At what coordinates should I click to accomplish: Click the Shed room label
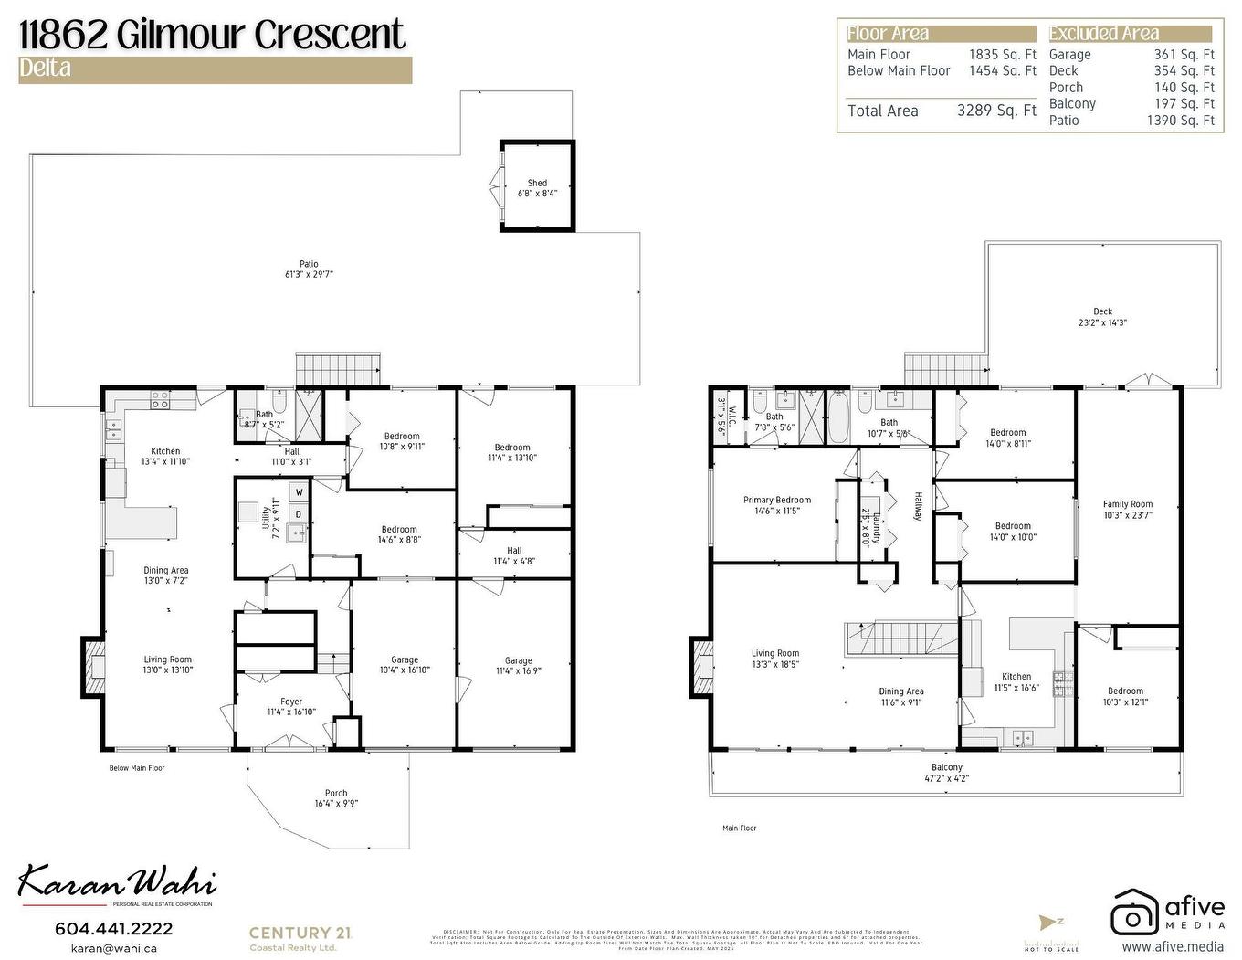coord(537,183)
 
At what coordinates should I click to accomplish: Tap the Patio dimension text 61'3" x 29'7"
coord(309,274)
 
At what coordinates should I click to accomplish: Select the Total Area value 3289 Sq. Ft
coord(996,111)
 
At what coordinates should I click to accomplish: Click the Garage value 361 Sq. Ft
coord(1184,55)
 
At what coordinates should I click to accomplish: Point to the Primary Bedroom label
coord(776,500)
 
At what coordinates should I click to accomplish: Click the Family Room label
coord(1127,504)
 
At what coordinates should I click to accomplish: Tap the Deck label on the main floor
coord(1102,311)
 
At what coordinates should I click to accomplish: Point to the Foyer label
coord(290,702)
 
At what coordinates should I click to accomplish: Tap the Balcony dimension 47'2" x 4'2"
coord(946,778)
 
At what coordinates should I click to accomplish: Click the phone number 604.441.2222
coord(113,928)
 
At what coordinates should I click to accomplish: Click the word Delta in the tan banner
coord(45,69)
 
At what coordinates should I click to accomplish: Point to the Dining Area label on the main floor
coord(900,691)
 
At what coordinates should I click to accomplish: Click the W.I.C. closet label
coord(721,416)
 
